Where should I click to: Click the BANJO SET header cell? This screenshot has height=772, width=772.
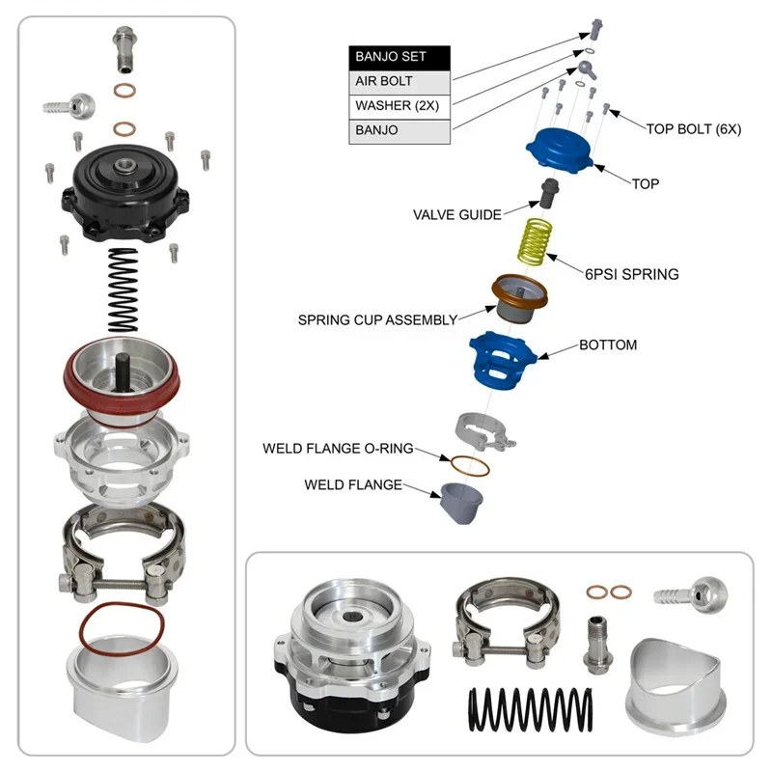(x=400, y=57)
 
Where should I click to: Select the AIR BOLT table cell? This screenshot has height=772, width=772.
(x=400, y=81)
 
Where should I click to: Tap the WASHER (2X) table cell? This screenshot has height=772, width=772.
(x=400, y=105)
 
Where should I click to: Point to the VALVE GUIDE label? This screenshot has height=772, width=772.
(x=456, y=214)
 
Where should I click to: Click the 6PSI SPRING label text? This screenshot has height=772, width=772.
(x=631, y=274)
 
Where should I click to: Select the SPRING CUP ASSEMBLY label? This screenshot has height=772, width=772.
(x=377, y=319)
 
